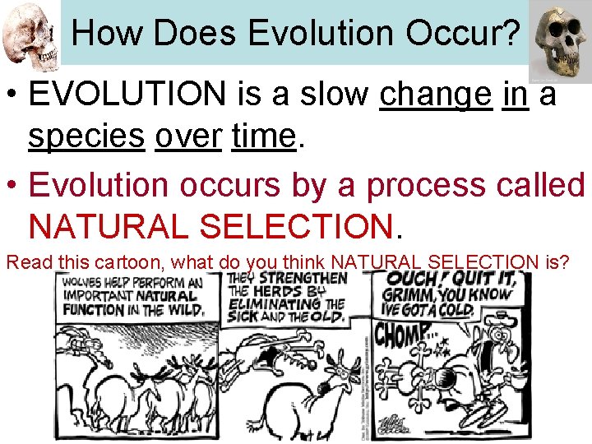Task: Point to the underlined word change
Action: click(436, 95)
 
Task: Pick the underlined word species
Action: click(86, 136)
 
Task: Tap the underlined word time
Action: click(263, 136)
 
